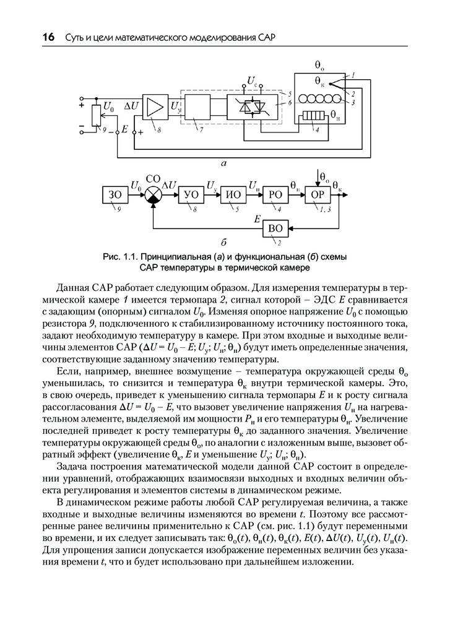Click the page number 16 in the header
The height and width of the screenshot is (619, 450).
[48, 38]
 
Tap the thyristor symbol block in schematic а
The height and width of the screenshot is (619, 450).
[253, 107]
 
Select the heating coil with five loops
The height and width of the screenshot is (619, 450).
[319, 99]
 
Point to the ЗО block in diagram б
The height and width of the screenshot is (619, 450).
[115, 196]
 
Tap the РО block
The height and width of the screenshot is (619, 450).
[275, 196]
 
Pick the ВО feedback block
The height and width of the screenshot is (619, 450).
[275, 228]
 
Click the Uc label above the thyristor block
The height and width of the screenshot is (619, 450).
[252, 80]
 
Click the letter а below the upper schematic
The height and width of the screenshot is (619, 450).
[223, 163]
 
